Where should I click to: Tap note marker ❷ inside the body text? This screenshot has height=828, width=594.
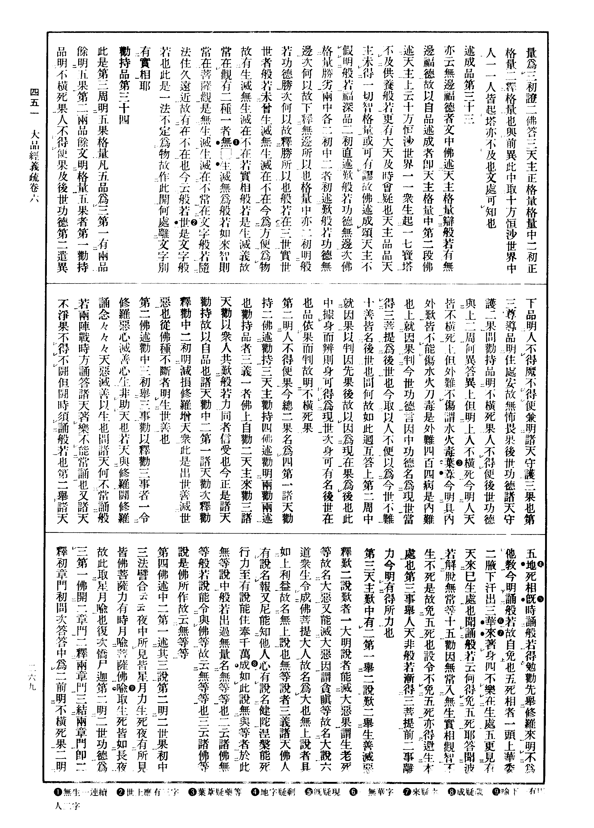click(x=194, y=222)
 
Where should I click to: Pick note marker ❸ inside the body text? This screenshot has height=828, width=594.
click(x=459, y=463)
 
